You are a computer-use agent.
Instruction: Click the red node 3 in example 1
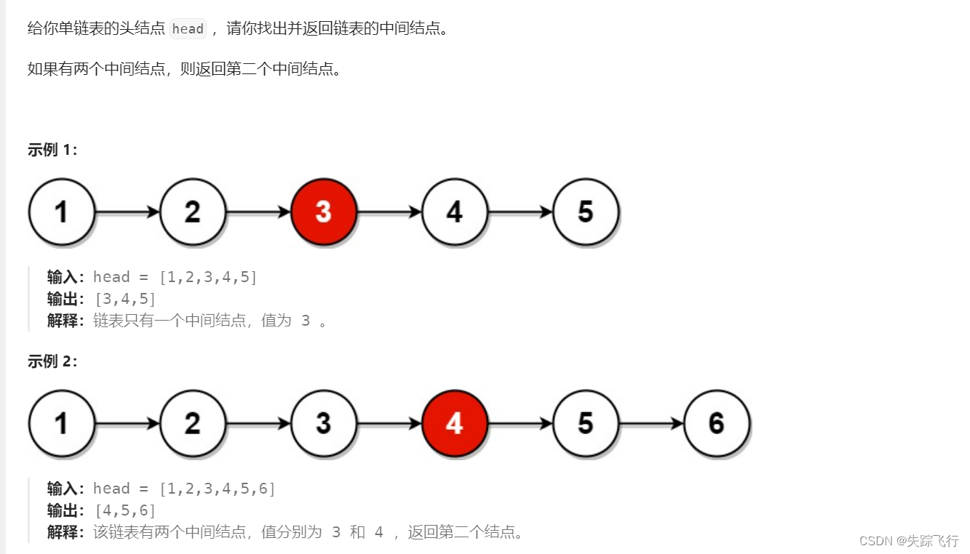point(324,212)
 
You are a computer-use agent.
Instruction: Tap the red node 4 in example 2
point(455,423)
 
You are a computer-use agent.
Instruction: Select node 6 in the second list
point(717,423)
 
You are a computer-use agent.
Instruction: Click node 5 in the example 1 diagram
point(586,212)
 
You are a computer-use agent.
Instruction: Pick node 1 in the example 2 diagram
point(62,423)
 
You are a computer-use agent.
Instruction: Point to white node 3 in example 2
point(324,423)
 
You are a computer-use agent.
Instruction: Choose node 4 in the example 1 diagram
point(455,212)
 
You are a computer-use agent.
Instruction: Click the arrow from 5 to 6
point(651,423)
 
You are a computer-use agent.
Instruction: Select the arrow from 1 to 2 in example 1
point(127,212)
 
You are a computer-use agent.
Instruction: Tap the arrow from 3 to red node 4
point(389,423)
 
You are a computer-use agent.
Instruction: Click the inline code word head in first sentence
point(188,29)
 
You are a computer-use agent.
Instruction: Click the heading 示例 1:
point(52,150)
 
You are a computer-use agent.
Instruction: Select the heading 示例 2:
point(52,361)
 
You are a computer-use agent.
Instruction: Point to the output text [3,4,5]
point(125,299)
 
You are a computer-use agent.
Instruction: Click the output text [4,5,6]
point(125,510)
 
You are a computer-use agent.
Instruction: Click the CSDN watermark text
point(909,541)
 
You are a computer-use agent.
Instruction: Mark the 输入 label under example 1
point(65,277)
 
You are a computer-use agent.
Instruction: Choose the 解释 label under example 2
point(65,532)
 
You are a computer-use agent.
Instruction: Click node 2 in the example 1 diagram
point(193,212)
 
